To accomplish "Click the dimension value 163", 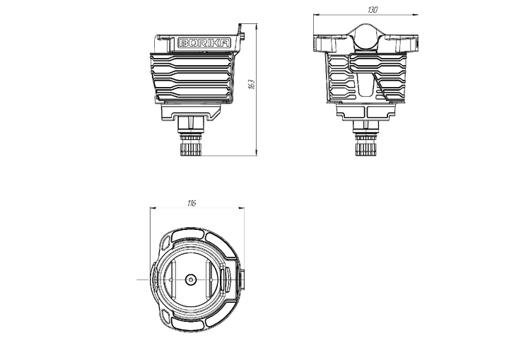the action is pyautogui.click(x=252, y=84).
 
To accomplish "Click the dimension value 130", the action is pyautogui.click(x=373, y=10).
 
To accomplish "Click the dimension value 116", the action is pyautogui.click(x=192, y=204).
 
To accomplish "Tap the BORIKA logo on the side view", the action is pyautogui.click(x=204, y=43).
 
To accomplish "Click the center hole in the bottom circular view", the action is pyautogui.click(x=191, y=279).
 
